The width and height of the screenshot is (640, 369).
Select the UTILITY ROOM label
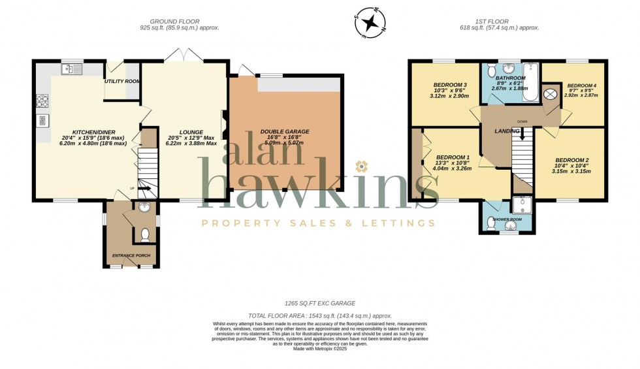pos(122,82)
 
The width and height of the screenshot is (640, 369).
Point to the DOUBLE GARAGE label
pos(285,131)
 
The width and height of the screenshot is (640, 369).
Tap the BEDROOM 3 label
pos(451,85)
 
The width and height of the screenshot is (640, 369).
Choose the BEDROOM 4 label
pos(581,86)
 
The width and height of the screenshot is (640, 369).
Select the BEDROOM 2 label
pos(572,160)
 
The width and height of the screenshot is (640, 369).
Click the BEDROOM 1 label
pos(453,157)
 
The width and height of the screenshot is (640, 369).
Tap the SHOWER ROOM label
pos(506,219)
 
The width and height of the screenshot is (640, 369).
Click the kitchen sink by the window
pos(71,69)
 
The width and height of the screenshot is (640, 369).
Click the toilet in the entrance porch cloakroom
pos(145,234)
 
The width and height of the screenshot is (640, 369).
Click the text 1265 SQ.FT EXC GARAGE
pos(319,304)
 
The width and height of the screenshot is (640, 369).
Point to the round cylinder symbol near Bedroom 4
pos(550,94)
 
